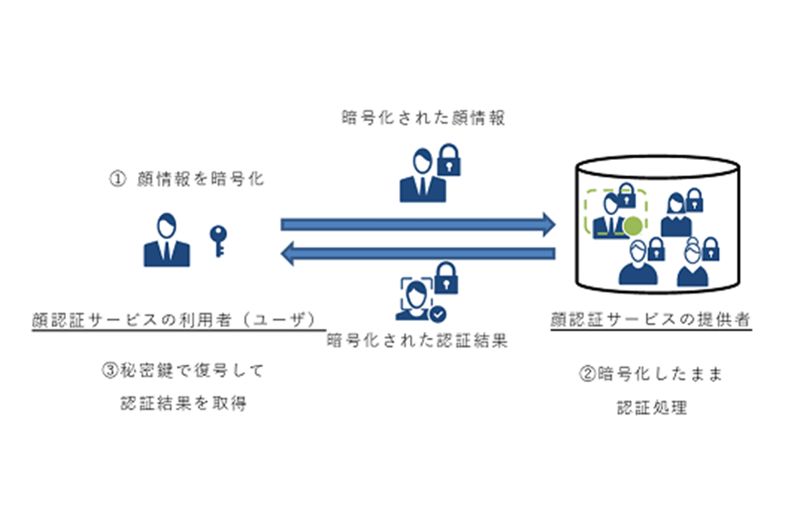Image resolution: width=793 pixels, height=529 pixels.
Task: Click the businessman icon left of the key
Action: tap(167, 241)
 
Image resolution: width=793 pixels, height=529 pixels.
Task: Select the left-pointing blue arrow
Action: tap(419, 254)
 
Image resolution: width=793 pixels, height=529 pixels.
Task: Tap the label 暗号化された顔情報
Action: tap(424, 118)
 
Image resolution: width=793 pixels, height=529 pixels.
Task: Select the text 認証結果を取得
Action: tap(184, 403)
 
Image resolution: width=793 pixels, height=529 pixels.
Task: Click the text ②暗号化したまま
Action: tap(651, 374)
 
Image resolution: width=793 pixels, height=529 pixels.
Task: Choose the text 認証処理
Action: tap(651, 407)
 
